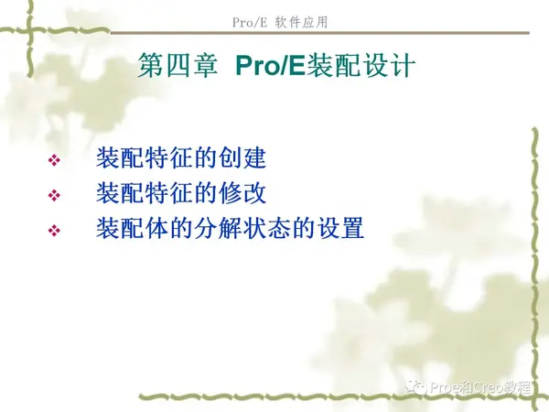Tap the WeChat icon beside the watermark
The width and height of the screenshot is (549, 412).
(416, 387)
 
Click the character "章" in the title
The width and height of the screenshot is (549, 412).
(202, 67)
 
